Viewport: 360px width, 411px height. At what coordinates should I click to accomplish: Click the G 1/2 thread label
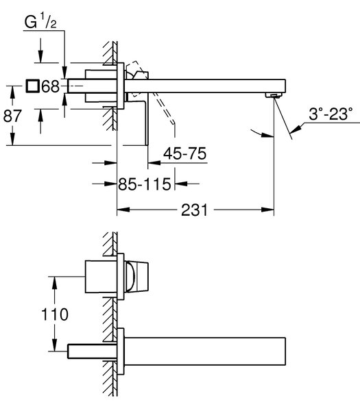(x=40, y=22)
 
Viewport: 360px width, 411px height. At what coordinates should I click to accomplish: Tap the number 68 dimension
(x=50, y=86)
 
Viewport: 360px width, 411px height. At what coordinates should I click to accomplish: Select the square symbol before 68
(x=32, y=86)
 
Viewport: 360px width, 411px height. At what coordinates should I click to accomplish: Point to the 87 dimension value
(x=12, y=116)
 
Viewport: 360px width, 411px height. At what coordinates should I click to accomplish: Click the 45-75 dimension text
(x=184, y=153)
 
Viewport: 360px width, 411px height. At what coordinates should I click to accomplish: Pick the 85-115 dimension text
(x=144, y=184)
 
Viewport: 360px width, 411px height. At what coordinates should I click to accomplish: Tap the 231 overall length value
(x=195, y=210)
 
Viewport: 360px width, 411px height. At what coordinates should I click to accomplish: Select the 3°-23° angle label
(x=331, y=114)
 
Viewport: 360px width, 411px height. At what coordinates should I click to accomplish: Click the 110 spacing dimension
(x=55, y=314)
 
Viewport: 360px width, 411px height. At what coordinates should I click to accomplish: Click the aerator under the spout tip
(x=274, y=95)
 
